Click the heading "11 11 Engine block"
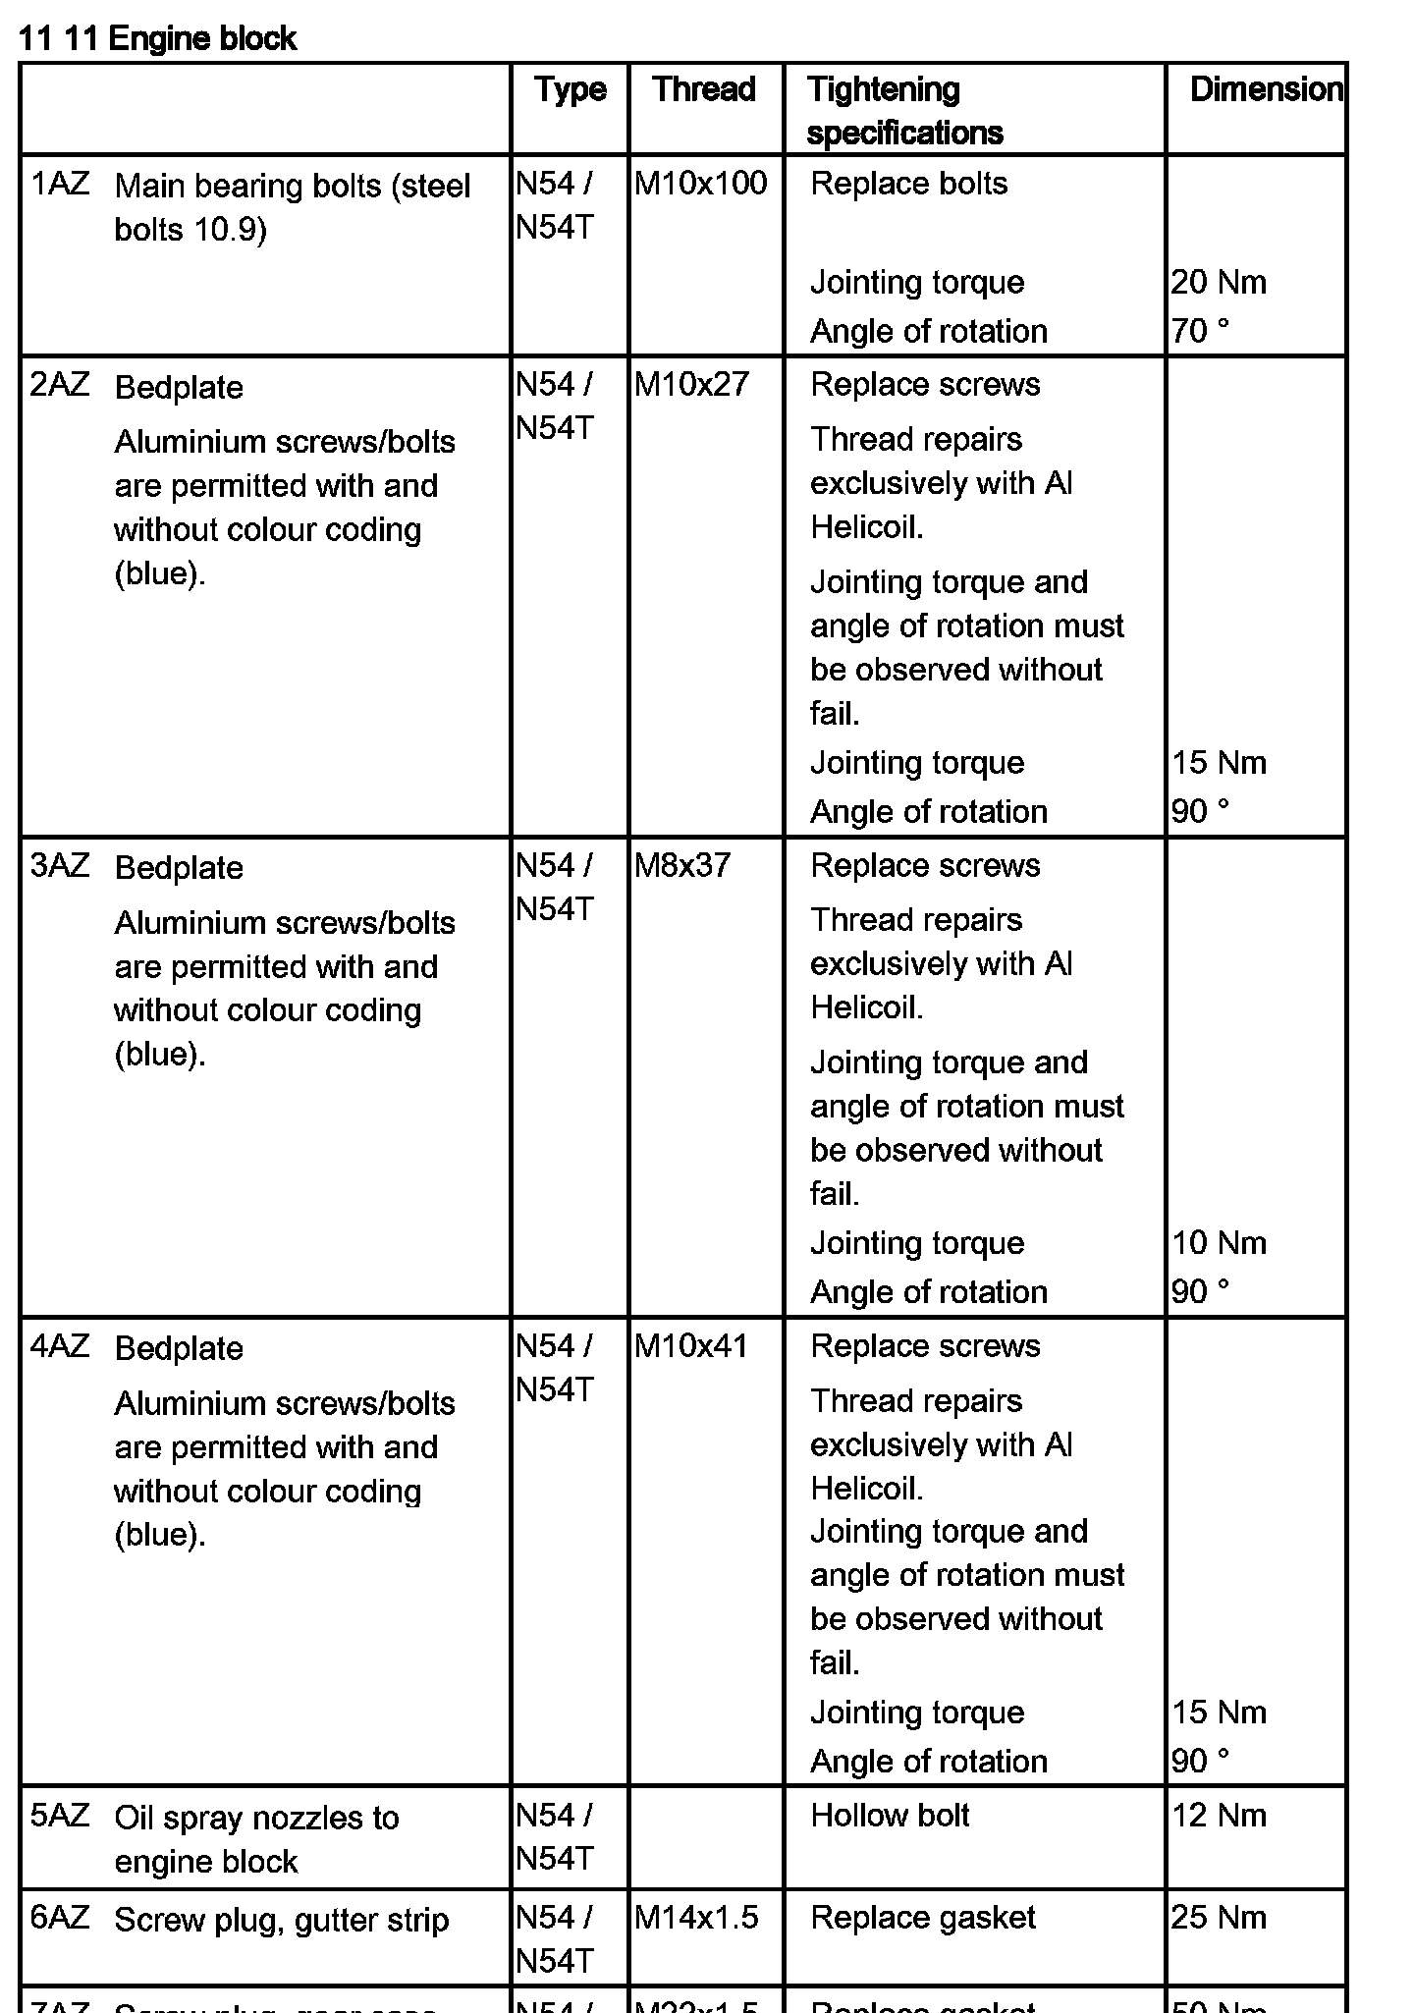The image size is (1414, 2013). coord(157,39)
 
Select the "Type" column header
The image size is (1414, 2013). coord(571,89)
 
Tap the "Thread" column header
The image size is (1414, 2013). coord(704,89)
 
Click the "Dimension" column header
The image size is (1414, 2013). coord(1266,89)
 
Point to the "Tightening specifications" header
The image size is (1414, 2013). coord(904,111)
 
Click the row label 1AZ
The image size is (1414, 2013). coord(60,184)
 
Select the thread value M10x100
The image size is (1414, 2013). coord(700,184)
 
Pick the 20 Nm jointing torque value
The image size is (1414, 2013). coord(1219,283)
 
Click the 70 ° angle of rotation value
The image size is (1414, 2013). coord(1200,331)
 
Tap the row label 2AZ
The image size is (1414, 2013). coord(60,384)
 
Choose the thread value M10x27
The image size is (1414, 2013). coord(691,384)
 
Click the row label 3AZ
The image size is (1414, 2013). coord(60,865)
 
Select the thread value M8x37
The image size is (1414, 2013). coord(682,865)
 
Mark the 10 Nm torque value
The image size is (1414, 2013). coord(1219,1243)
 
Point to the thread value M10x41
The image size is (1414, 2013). coord(691,1345)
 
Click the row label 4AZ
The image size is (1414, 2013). coord(60,1345)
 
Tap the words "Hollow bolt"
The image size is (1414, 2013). coord(890,1816)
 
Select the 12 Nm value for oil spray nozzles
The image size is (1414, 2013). coord(1219,1816)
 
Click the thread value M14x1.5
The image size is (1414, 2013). coord(696,1917)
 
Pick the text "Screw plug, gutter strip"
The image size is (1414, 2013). coord(282,1920)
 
